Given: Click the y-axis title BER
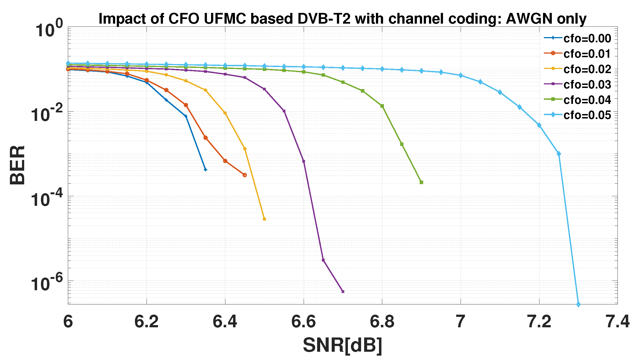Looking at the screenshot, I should (17, 165).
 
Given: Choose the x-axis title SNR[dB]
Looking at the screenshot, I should (342, 345).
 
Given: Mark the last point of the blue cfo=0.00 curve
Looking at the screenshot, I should (206, 170).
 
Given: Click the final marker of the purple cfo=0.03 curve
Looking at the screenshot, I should (343, 292).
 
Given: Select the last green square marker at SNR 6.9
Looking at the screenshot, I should (421, 182).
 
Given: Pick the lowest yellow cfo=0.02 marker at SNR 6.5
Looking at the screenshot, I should (264, 219).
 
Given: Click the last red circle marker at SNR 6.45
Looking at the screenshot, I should (245, 175).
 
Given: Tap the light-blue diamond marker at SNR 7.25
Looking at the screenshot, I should (559, 154).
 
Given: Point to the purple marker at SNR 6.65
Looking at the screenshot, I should (323, 260).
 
